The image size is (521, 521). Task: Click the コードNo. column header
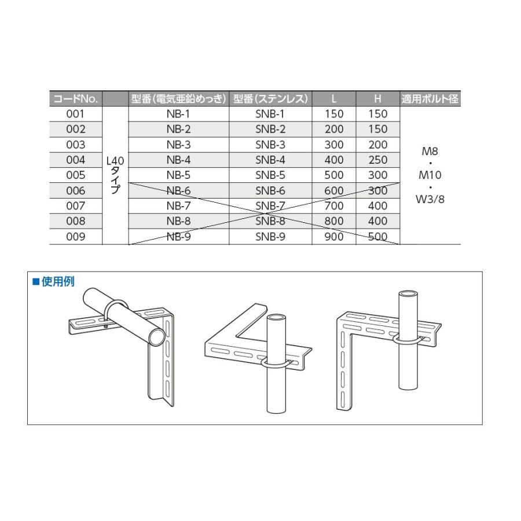pyautogui.click(x=76, y=99)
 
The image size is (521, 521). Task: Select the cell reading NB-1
pyautogui.click(x=178, y=114)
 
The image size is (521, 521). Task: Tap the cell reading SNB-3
pyautogui.click(x=270, y=145)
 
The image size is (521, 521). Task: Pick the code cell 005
pyautogui.click(x=76, y=175)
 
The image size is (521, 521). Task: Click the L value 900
pyautogui.click(x=334, y=236)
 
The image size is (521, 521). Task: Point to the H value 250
pyautogui.click(x=377, y=160)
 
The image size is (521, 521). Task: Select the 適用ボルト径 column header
pyautogui.click(x=430, y=99)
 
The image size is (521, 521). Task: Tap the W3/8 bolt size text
pyautogui.click(x=430, y=200)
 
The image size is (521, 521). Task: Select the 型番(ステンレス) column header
pyautogui.click(x=270, y=99)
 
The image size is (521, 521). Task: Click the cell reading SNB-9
pyautogui.click(x=270, y=236)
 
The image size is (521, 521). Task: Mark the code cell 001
pyautogui.click(x=76, y=114)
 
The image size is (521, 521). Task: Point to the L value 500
pyautogui.click(x=334, y=175)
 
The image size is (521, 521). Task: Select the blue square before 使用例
pyautogui.click(x=35, y=282)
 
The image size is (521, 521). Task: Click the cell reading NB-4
pyautogui.click(x=178, y=160)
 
